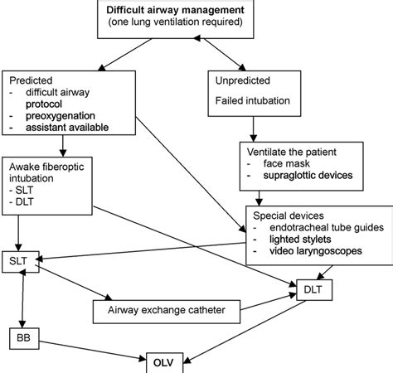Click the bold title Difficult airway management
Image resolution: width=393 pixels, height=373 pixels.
pos(173,10)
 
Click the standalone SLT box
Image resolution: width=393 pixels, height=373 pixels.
pos(19,263)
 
